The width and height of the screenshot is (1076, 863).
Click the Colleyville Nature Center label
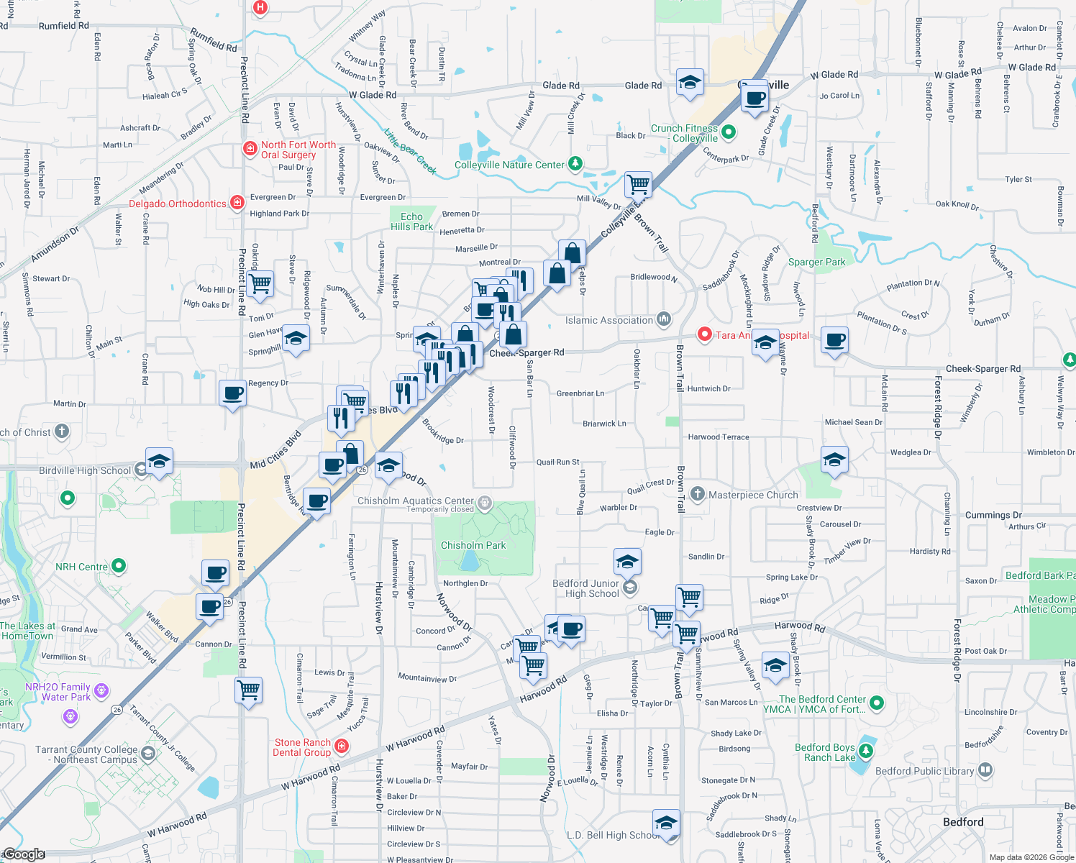point(509,165)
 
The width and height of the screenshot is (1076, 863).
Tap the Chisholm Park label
point(473,545)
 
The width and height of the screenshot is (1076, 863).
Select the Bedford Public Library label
point(924,771)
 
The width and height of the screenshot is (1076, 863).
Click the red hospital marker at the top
point(260,8)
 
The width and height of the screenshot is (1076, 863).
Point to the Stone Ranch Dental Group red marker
point(342,746)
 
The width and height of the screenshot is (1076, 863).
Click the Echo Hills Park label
point(411,222)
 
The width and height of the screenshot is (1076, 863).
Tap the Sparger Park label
point(816,262)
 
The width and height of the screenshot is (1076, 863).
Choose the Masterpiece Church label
point(753,495)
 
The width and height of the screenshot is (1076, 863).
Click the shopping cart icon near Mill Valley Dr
point(638,184)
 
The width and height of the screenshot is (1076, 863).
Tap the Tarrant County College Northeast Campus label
point(86,754)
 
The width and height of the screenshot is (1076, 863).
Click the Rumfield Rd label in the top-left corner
point(64,26)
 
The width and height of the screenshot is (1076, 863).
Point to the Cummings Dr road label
point(993,515)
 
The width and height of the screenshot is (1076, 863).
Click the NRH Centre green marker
point(119,566)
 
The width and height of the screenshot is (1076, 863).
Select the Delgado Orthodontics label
point(177,204)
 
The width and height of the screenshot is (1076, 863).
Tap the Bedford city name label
point(962,822)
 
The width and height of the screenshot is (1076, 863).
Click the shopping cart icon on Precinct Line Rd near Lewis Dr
point(248,690)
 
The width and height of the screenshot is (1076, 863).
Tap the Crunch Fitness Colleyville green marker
point(728,132)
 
